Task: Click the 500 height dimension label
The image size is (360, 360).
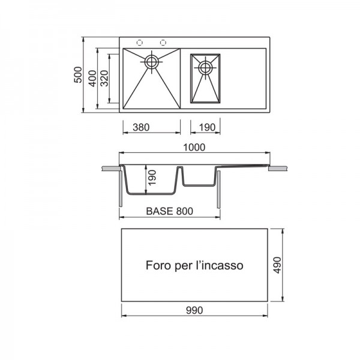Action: (78, 74)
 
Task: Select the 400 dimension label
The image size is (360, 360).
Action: (92, 79)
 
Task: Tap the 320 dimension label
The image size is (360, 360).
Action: (104, 79)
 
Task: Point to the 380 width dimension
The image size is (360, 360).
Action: (141, 127)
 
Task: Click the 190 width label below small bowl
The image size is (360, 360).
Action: (207, 127)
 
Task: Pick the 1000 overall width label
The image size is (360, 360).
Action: (194, 148)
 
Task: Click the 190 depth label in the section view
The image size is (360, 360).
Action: (152, 178)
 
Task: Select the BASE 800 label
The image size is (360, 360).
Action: (170, 211)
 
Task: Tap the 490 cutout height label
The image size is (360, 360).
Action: (277, 265)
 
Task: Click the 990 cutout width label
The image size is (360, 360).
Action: (194, 310)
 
